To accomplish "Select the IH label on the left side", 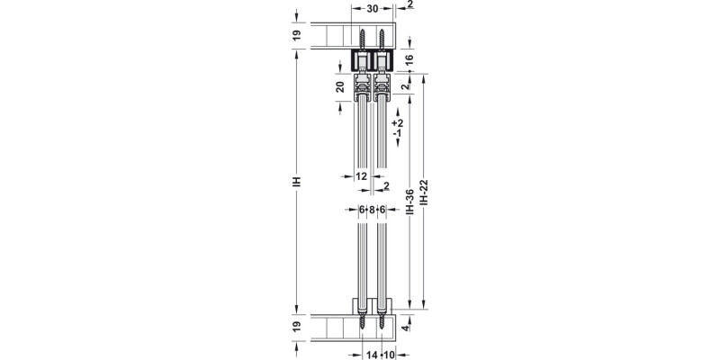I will click(297, 181).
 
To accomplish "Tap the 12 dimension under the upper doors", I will click(362, 176).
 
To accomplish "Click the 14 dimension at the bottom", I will click(370, 355).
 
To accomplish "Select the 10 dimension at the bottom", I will click(390, 355).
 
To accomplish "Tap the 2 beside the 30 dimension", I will click(409, 4).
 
